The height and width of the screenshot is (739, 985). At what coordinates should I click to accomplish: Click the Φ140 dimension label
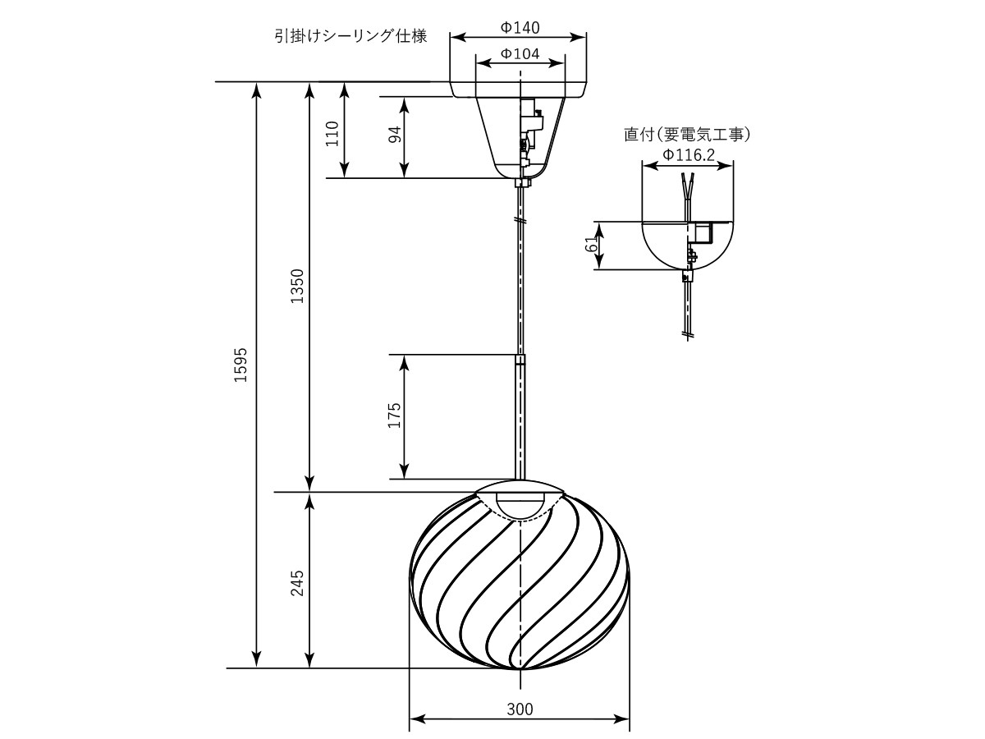[520, 28]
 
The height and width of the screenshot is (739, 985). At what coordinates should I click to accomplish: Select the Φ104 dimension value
[520, 54]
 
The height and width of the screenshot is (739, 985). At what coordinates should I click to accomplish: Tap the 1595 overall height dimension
[241, 365]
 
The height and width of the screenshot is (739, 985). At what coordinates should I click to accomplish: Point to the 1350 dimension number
[297, 286]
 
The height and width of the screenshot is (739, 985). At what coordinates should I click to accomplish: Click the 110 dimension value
[332, 133]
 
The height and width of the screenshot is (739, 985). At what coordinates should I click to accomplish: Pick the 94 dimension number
[395, 134]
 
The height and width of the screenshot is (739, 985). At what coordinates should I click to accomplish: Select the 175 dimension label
[395, 415]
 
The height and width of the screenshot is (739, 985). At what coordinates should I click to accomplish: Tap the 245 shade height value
[297, 583]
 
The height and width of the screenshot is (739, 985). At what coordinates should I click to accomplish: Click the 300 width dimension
[520, 709]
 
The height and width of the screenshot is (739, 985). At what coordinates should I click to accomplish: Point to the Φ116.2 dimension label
[689, 155]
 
